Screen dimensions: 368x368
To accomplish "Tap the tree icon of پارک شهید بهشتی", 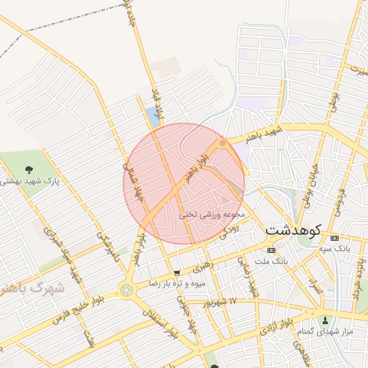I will click(28, 170).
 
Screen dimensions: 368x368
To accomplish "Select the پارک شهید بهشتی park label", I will click(29, 181).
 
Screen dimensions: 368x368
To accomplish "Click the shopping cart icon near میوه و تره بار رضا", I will click(177, 273).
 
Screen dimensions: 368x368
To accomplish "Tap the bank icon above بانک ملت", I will click(270, 250).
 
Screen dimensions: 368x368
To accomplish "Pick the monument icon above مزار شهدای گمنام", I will click(326, 320).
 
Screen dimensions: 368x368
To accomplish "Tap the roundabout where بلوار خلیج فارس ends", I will click(127, 290).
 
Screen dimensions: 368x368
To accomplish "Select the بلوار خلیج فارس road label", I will click(65, 314).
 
